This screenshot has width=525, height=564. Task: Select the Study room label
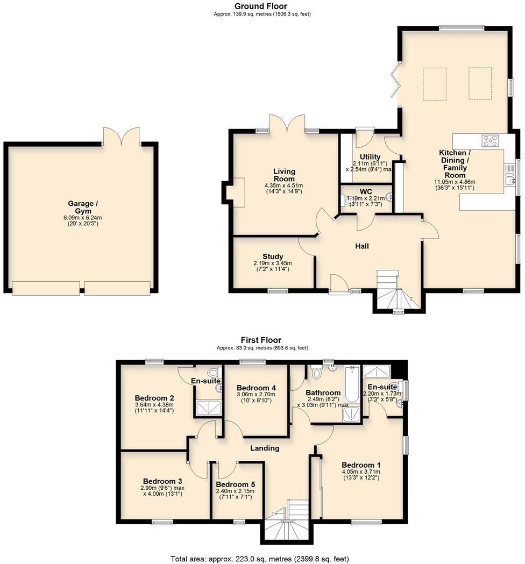273,256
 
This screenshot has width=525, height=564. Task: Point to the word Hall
361,246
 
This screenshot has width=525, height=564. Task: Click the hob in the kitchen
491,140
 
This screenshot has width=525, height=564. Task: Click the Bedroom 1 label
361,465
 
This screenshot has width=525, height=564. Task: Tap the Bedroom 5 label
235,484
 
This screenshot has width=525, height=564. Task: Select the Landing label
265,448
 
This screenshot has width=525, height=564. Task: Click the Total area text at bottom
262,558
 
